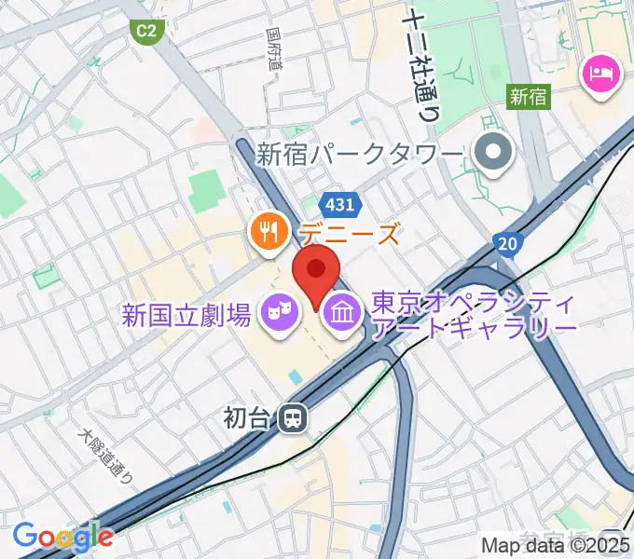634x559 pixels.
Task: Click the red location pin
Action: click(x=317, y=272)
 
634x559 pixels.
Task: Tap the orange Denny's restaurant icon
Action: click(x=268, y=233)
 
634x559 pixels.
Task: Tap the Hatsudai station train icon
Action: click(x=293, y=418)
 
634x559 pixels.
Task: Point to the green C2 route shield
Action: click(x=146, y=31)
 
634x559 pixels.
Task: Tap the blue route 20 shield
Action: click(x=507, y=243)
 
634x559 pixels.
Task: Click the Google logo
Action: click(x=62, y=536)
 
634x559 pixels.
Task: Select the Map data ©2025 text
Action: click(x=557, y=546)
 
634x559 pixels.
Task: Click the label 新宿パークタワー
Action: click(x=360, y=155)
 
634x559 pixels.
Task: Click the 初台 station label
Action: click(x=247, y=418)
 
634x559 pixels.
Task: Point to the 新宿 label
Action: click(x=530, y=95)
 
